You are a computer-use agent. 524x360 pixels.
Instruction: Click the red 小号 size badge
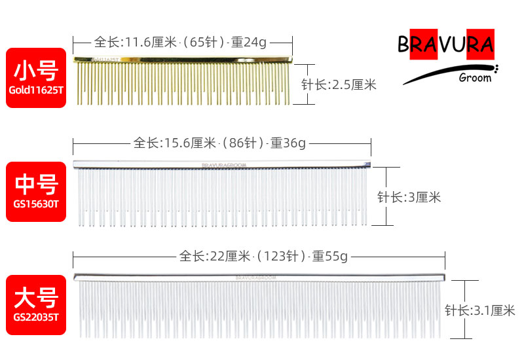pyautogui.click(x=36, y=78)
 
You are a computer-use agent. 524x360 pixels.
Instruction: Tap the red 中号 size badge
pyautogui.click(x=36, y=192)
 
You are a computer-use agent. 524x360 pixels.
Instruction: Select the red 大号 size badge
pyautogui.click(x=36, y=305)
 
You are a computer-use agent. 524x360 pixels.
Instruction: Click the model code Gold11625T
pyautogui.click(x=36, y=90)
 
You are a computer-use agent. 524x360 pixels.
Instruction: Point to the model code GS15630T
pyautogui.click(x=36, y=204)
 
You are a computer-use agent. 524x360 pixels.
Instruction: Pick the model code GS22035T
pyautogui.click(x=36, y=317)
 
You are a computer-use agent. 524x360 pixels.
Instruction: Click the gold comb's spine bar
pyautogui.click(x=183, y=60)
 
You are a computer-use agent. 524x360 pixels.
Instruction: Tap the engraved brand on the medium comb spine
pyautogui.click(x=224, y=165)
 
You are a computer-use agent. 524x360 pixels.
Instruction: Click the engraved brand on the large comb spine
pyautogui.click(x=256, y=278)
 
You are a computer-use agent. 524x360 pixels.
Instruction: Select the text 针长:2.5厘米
pyautogui.click(x=339, y=85)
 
